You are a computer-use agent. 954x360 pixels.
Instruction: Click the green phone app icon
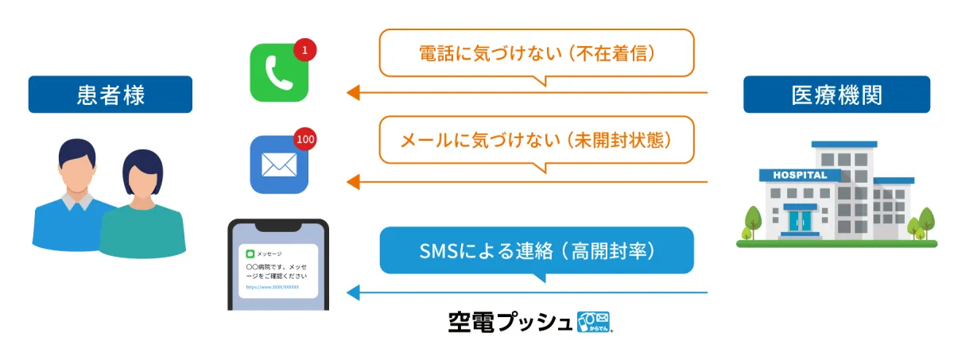click(278, 73)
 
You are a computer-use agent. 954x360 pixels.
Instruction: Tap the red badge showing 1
click(304, 50)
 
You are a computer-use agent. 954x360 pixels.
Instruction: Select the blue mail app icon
click(278, 165)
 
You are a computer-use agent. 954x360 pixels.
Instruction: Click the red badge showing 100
click(304, 139)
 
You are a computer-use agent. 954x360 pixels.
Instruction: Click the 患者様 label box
click(111, 95)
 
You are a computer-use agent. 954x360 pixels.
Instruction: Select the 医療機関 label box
click(836, 95)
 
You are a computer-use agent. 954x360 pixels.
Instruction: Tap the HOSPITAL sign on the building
click(799, 175)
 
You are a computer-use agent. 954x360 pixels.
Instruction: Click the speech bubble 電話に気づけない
click(537, 54)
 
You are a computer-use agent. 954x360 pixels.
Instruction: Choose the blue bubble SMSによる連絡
click(537, 251)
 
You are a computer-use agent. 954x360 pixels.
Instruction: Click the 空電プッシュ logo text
click(509, 322)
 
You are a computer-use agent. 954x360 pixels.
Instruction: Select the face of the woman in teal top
click(142, 183)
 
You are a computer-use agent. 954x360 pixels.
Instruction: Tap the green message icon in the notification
click(250, 254)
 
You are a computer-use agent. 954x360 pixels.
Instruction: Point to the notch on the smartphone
click(277, 225)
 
